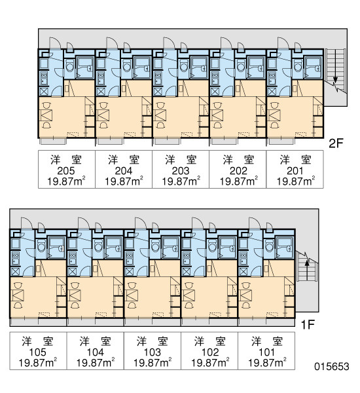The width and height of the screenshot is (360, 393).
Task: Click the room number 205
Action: point(66,171)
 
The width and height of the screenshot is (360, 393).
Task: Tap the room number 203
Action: point(181,171)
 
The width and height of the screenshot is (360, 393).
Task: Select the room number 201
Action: point(295,171)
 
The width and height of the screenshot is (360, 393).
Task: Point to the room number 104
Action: point(95,352)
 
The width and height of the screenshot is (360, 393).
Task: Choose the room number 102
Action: point(210,352)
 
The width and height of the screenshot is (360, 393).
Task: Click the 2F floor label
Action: point(335,143)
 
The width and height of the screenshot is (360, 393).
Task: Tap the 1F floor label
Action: point(308,325)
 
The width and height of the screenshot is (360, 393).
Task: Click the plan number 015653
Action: point(332,366)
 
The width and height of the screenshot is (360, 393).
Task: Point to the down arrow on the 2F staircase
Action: point(335,79)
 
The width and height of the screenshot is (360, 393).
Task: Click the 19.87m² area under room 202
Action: point(238,181)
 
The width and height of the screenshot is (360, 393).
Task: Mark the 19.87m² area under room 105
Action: point(37,363)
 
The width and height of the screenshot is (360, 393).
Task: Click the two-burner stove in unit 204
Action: point(101,78)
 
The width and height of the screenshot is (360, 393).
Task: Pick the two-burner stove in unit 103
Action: point(130,258)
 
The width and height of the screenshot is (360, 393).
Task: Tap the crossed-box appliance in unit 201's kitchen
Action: point(272,92)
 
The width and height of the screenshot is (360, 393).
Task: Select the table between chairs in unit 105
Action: point(18,295)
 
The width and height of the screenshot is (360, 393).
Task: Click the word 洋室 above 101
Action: point(267,342)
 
